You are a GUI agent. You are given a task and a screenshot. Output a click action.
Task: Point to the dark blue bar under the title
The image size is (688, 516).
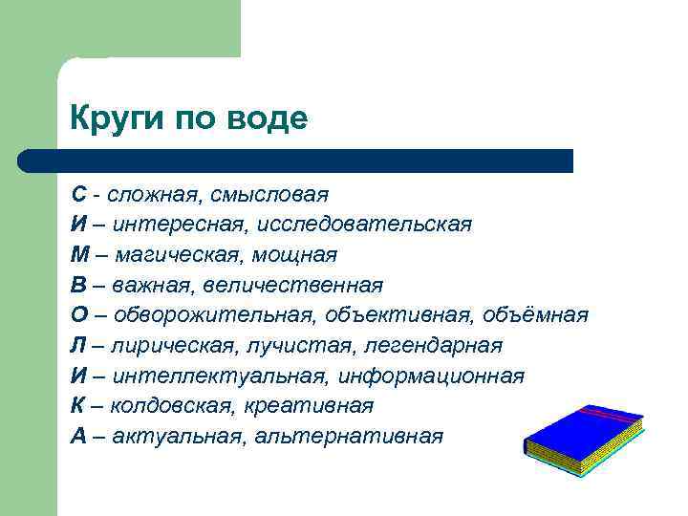(x=296, y=161)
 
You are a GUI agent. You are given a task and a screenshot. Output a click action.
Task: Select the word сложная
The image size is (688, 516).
(x=149, y=195)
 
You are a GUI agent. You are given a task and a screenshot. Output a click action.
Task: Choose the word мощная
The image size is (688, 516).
(x=296, y=255)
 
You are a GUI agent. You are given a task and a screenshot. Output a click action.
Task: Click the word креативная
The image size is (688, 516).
(x=307, y=406)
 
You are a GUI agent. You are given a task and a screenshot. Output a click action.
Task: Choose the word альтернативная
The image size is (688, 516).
(x=350, y=437)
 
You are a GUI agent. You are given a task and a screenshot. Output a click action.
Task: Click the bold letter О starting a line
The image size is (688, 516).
(x=79, y=315)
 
